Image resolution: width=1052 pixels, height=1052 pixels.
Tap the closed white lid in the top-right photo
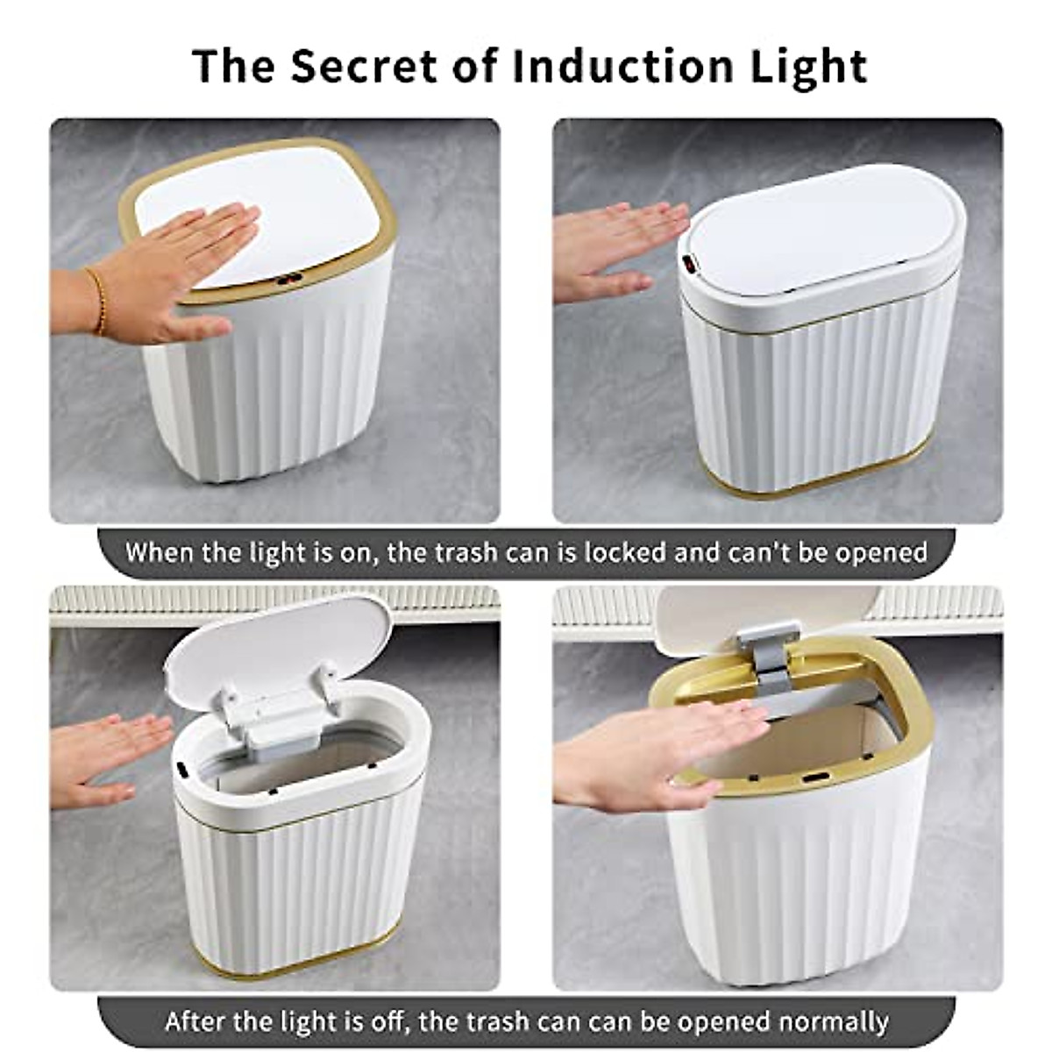(x=824, y=232)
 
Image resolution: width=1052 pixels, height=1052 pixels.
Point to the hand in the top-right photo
(x=614, y=250)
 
